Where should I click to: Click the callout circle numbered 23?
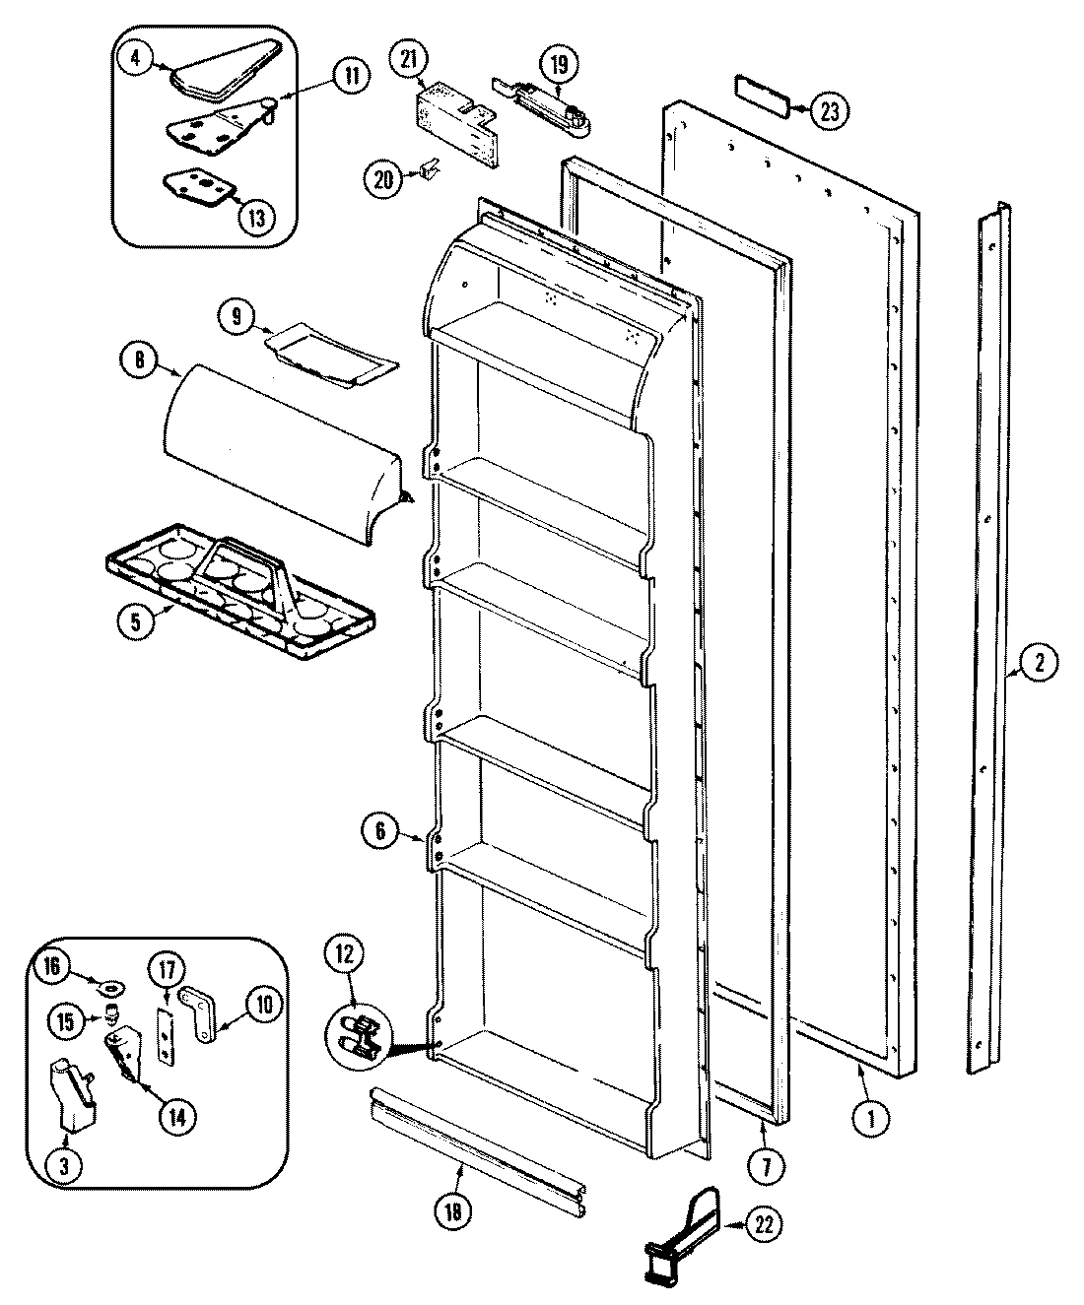(x=829, y=111)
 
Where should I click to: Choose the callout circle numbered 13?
(x=256, y=218)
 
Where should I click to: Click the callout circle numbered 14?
(x=178, y=1116)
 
